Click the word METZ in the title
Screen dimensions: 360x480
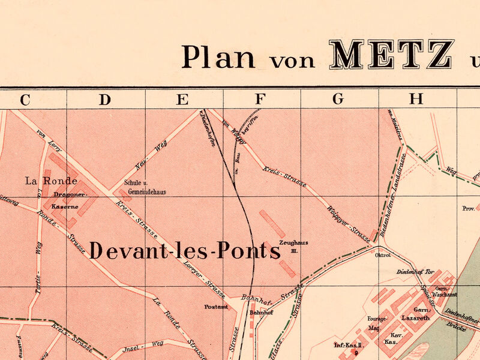click(391, 55)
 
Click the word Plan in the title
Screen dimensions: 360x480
click(218, 57)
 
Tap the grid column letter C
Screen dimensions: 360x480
click(25, 100)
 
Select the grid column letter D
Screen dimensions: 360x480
click(105, 100)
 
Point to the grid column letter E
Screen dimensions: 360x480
click(182, 100)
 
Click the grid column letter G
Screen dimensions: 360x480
click(338, 100)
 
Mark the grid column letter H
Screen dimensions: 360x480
click(416, 100)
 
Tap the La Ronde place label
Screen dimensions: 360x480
click(51, 181)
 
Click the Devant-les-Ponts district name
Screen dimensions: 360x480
click(185, 251)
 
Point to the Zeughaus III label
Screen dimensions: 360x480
click(293, 246)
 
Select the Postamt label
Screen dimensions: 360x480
click(216, 307)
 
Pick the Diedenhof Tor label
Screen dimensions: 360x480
click(415, 272)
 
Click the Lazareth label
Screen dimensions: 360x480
click(416, 317)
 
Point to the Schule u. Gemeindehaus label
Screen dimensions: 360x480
click(145, 188)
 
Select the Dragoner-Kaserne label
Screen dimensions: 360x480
click(66, 200)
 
